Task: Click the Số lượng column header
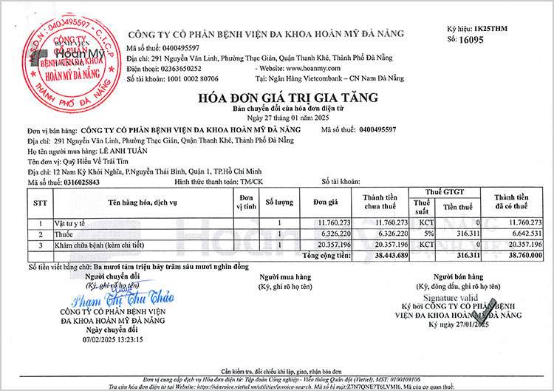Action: [x=279, y=201]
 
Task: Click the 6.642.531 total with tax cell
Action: [x=522, y=233]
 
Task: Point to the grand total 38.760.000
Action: [x=522, y=255]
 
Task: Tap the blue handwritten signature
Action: [x=123, y=300]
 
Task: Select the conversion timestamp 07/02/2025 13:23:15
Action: [x=112, y=340]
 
